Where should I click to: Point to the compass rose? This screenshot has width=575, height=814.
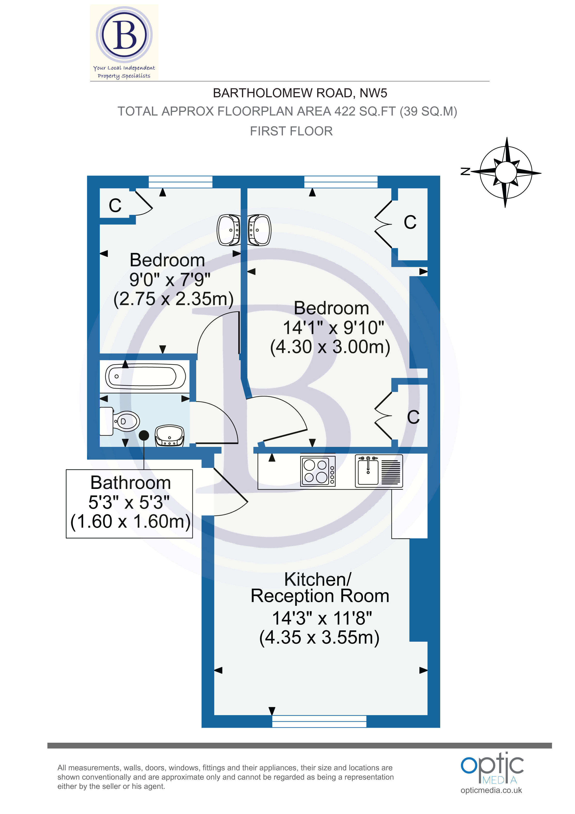506,173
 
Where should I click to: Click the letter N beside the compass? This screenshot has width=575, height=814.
465,171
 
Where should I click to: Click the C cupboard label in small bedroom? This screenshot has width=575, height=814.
115,206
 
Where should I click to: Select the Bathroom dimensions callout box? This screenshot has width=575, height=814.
129,503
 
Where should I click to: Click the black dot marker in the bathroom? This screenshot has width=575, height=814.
144,435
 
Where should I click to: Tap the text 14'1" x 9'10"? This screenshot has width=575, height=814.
333,327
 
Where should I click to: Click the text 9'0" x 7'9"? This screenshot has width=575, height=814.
169,279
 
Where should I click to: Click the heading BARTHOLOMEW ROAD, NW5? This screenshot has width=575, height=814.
300,93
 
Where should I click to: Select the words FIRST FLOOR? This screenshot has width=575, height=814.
291,131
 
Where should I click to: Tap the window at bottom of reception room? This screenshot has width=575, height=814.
319,721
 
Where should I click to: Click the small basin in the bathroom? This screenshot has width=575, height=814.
169,436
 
